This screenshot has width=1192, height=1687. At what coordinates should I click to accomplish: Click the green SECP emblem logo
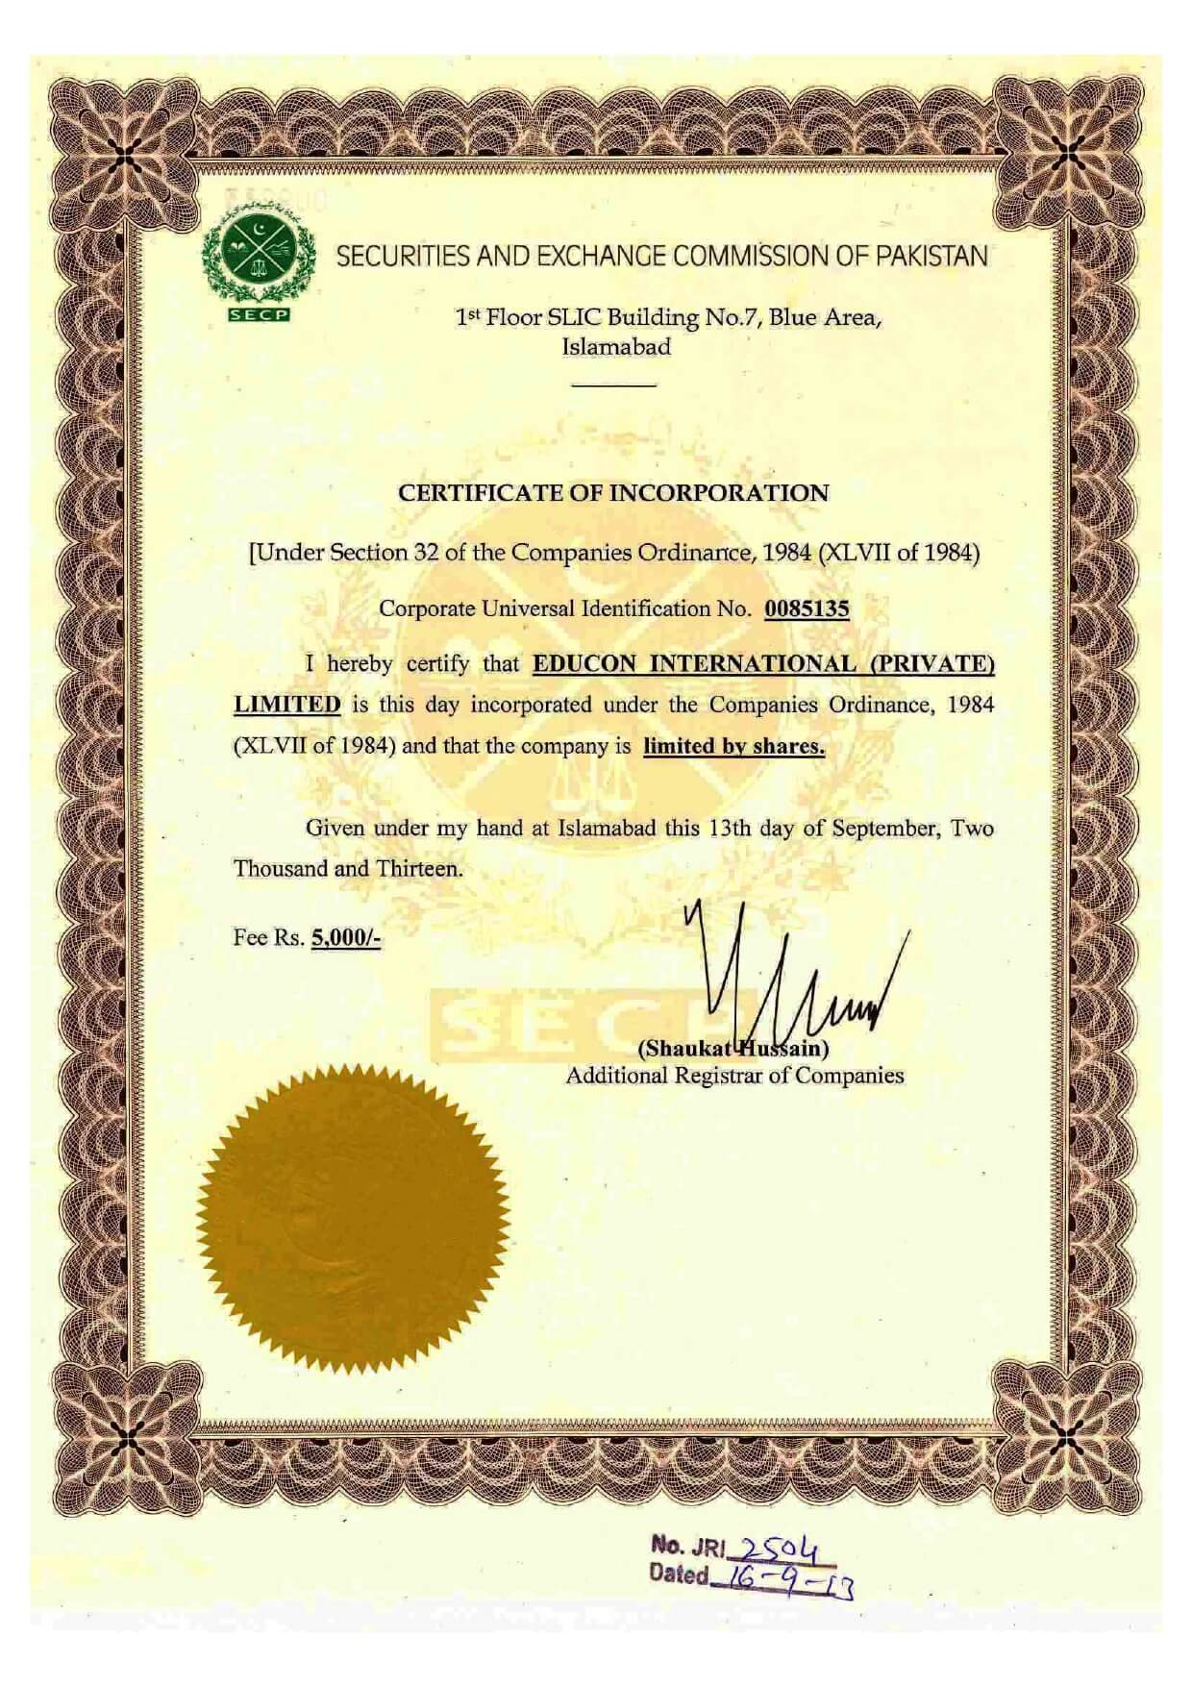click(259, 260)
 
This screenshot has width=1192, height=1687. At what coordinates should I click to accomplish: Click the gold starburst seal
click(353, 1219)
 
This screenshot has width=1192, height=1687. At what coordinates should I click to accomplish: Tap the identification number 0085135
click(807, 608)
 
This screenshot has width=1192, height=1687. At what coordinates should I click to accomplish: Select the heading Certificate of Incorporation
click(613, 493)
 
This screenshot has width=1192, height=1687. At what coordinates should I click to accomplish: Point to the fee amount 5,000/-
click(345, 937)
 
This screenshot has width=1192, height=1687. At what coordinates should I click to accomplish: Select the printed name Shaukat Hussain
click(733, 1048)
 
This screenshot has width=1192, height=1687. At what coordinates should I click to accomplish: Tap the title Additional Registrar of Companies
click(734, 1076)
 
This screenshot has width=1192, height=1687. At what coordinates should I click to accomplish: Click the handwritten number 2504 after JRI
click(777, 1547)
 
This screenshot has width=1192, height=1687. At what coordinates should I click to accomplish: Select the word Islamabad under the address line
click(615, 347)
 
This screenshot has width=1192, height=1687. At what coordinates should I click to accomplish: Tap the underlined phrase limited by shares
click(733, 746)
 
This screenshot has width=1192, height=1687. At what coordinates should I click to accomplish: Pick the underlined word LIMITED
click(287, 704)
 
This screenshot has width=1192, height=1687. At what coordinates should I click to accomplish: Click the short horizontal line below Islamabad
click(613, 385)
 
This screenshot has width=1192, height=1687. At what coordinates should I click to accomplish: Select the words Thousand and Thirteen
click(348, 869)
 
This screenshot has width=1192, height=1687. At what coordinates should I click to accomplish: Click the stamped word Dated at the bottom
click(680, 1575)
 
